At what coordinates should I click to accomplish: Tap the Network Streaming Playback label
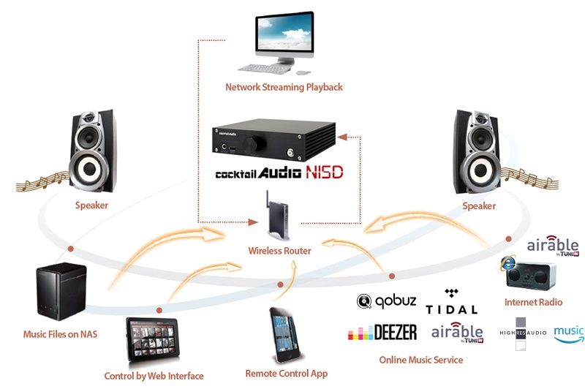click(284, 88)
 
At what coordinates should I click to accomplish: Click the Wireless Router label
click(279, 251)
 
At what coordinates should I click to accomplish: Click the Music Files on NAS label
click(60, 334)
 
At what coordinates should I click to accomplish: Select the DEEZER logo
click(382, 333)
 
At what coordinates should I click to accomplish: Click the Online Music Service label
click(420, 360)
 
